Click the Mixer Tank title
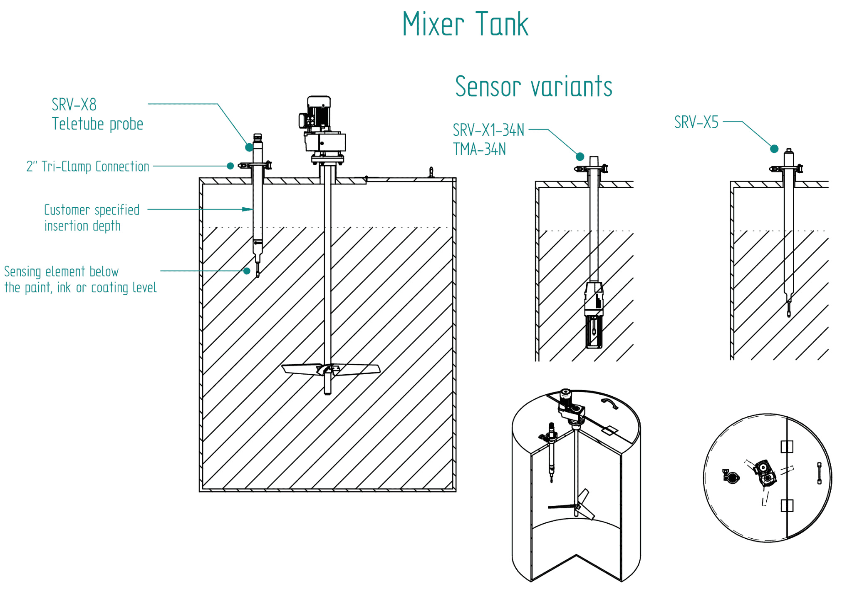[465, 24]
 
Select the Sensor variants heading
[533, 87]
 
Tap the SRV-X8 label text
[74, 104]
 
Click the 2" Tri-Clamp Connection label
[87, 167]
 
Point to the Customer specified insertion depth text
[92, 218]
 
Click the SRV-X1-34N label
[488, 130]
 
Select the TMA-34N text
[479, 149]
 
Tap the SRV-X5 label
[696, 122]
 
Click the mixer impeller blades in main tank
[331, 369]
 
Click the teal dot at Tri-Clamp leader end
[230, 166]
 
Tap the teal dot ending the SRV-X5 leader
[774, 149]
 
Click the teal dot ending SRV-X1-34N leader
[580, 157]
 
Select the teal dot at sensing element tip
[247, 271]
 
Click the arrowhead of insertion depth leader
[248, 209]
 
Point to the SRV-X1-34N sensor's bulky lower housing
[594, 314]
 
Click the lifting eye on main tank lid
[431, 172]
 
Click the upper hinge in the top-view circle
[787, 447]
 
